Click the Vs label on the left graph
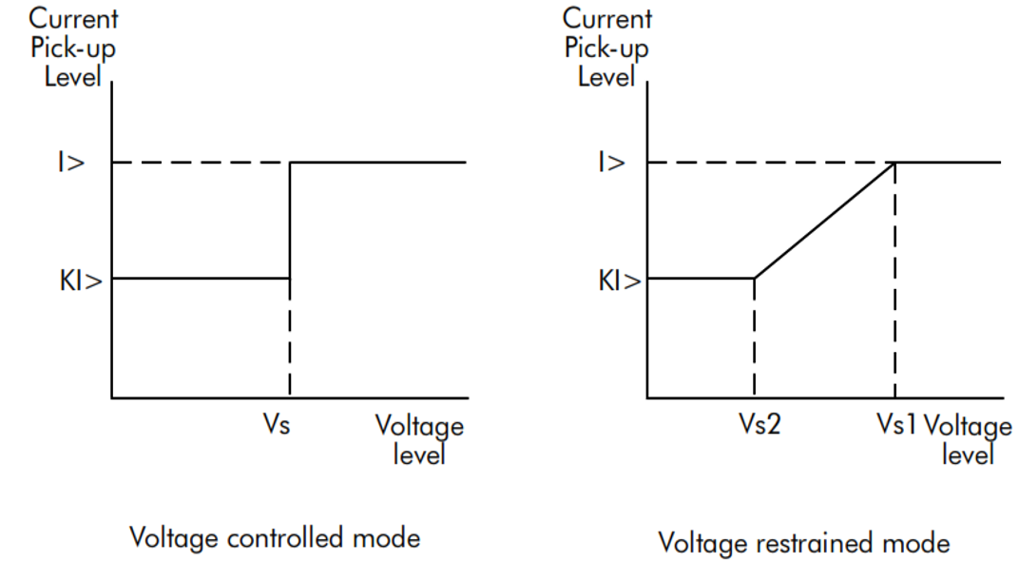click(277, 424)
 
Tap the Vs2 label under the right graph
click(759, 424)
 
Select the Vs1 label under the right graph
click(896, 424)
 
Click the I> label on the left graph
click(71, 162)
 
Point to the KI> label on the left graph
click(81, 281)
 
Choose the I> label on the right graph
click(611, 162)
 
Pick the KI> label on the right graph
click(620, 281)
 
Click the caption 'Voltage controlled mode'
click(275, 538)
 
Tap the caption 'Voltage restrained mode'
click(804, 543)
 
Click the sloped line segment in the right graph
click(825, 221)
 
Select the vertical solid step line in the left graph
click(290, 221)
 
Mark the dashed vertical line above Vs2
click(754, 339)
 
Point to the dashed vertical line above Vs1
click(894, 280)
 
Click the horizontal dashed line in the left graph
click(201, 162)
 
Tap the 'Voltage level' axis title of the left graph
click(419, 439)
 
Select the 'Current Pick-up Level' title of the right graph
click(607, 48)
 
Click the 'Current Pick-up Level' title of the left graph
click(73, 48)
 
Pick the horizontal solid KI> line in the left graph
click(201, 279)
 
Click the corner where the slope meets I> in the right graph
click(894, 162)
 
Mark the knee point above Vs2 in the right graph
click(754, 279)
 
